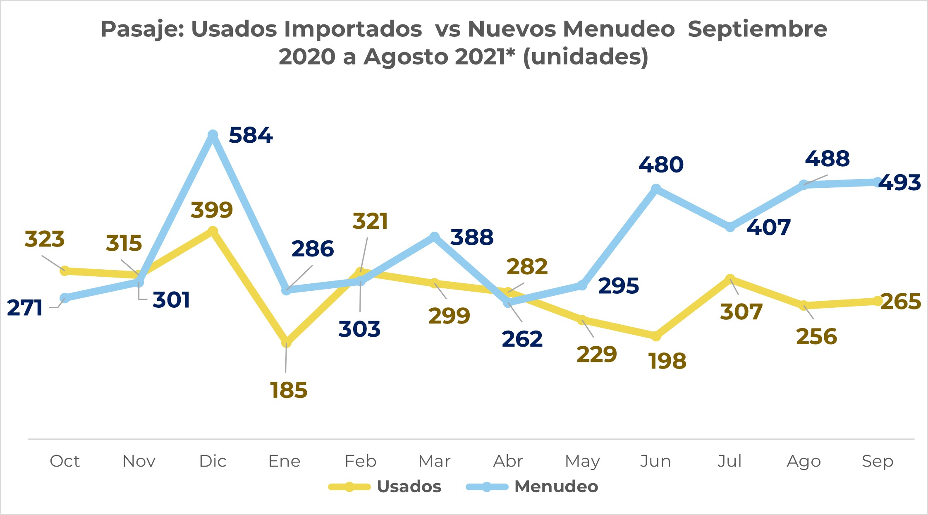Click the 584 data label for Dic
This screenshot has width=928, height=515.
point(251,135)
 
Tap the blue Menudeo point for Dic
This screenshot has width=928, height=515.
point(213,135)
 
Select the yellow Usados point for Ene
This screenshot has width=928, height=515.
point(286,342)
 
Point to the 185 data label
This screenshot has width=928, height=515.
point(289,390)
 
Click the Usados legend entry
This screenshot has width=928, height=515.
point(409,486)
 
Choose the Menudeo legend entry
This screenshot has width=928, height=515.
point(556,486)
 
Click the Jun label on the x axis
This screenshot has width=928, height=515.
point(655,461)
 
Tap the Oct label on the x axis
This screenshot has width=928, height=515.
point(65,461)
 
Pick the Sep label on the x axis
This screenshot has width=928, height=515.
point(878,461)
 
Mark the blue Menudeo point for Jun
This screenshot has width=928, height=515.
point(656,189)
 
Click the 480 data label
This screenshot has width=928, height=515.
point(661,165)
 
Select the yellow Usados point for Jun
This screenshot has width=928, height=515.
point(656,336)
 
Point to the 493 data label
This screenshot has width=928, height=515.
point(899,182)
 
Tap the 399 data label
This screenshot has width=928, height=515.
point(212,210)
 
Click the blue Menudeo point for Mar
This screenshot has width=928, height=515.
point(434,237)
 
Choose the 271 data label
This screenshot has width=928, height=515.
point(25,308)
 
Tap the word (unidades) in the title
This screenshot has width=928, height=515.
point(586,57)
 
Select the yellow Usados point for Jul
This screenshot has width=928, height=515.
point(730,279)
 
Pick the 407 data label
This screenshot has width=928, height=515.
point(768,228)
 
